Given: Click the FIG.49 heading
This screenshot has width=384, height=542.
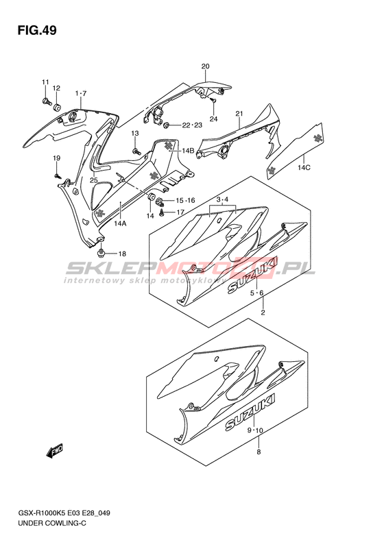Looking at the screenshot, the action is pyautogui.click(x=36, y=31).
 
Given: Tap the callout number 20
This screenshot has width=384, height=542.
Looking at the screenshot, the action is pyautogui.click(x=205, y=66).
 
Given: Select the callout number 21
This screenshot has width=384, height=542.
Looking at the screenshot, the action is pyautogui.click(x=239, y=114).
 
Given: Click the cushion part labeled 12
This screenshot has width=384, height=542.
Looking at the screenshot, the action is pyautogui.click(x=57, y=107).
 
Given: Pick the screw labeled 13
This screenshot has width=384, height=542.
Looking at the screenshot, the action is pyautogui.click(x=136, y=151).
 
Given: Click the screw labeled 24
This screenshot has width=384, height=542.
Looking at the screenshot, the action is pyautogui.click(x=213, y=100).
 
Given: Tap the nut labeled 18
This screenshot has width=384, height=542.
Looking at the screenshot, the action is pyautogui.click(x=101, y=254).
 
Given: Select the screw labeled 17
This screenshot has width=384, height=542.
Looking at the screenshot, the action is pyautogui.click(x=162, y=214).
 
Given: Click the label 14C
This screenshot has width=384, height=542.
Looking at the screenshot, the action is pyautogui.click(x=304, y=168).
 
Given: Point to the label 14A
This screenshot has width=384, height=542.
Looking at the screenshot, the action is pyautogui.click(x=120, y=223).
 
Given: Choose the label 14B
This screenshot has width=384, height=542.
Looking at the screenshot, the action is pyautogui.click(x=188, y=150).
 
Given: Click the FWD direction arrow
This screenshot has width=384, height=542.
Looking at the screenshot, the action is pyautogui.click(x=55, y=452).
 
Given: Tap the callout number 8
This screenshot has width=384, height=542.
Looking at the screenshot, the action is pyautogui.click(x=259, y=452).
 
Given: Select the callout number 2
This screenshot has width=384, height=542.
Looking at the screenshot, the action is pyautogui.click(x=263, y=313).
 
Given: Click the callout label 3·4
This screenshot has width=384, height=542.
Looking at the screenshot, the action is pyautogui.click(x=222, y=200).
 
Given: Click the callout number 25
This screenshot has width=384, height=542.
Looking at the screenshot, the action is pyautogui.click(x=94, y=180).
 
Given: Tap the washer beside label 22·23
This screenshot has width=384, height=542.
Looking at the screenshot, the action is pyautogui.click(x=166, y=125).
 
